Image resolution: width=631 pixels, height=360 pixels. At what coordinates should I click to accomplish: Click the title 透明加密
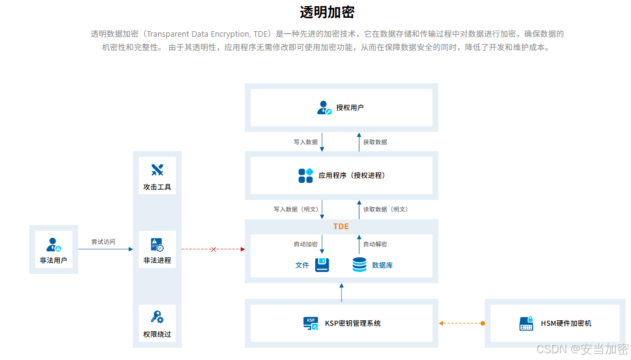327,12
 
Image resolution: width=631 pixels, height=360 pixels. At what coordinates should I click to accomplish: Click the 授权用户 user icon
324,108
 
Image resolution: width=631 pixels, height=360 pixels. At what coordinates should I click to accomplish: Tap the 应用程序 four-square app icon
305,175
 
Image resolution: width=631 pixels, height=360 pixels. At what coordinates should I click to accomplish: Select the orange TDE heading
341,226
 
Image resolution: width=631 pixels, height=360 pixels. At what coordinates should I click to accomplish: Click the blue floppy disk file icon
322,265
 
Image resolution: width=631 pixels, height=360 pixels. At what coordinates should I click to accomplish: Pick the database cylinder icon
360,265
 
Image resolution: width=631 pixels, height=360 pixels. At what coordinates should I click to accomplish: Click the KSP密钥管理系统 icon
311,323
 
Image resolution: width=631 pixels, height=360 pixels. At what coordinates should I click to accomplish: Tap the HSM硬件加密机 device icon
527,323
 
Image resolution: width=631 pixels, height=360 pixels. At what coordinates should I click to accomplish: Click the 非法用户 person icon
54,244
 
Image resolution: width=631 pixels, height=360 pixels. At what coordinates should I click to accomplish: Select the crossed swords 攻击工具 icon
157,170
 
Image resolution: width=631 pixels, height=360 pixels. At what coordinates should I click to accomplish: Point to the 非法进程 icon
157,244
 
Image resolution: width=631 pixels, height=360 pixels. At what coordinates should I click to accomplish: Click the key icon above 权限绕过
157,317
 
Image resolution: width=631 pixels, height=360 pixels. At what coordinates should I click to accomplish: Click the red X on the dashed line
213,249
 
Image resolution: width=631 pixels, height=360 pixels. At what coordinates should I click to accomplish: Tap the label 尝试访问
103,242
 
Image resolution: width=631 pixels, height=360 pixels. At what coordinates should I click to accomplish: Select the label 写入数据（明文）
296,209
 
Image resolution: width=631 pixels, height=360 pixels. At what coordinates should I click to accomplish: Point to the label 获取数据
375,142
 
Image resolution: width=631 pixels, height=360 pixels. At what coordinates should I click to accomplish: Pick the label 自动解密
375,244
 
